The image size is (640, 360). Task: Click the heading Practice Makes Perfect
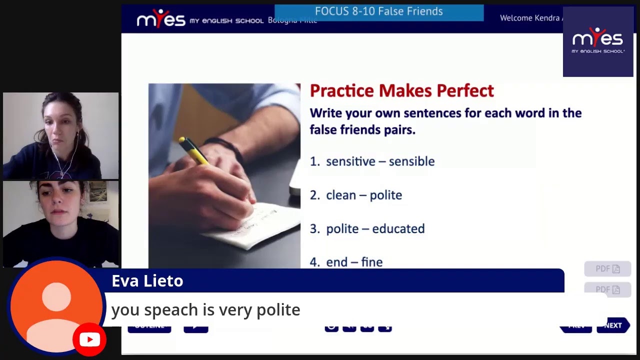401,90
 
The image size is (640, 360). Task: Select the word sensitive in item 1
350,161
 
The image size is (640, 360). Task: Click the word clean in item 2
341,195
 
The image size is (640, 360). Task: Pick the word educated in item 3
398,228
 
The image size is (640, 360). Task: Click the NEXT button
613,325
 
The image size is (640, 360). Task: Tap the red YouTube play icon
89,340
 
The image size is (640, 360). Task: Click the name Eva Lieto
147,281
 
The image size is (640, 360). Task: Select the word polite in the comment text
278,310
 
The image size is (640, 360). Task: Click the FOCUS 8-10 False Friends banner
379,11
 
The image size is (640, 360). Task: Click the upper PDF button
607,269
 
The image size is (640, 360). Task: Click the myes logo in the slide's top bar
161,19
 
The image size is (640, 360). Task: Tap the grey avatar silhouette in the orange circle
56,307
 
